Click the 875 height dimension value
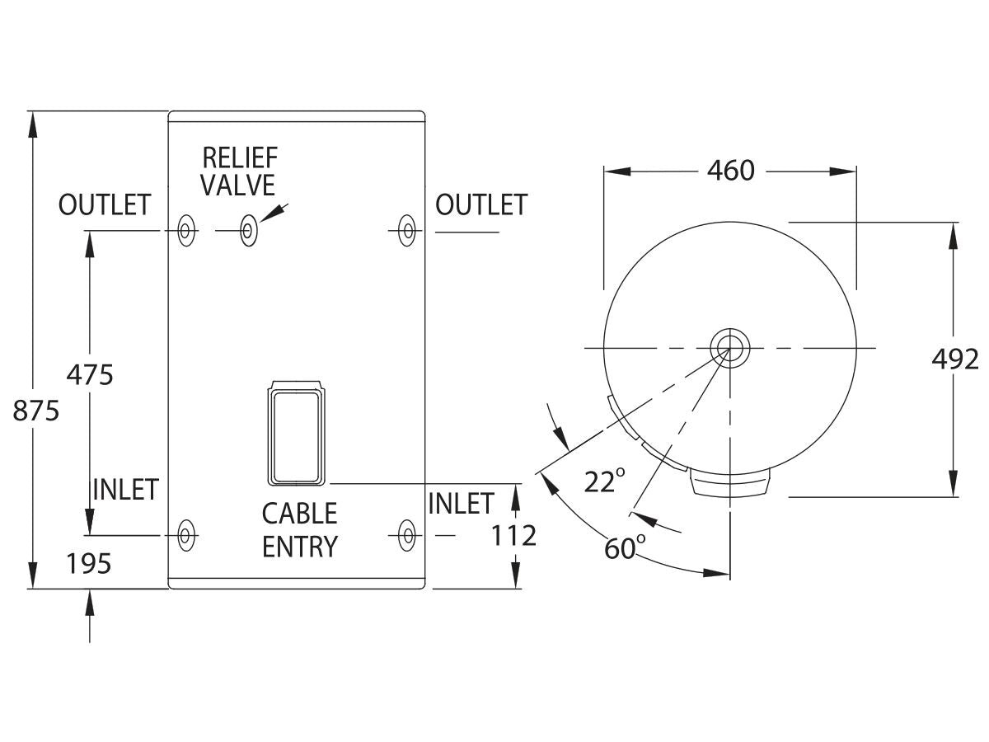[36, 410]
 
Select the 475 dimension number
[89, 374]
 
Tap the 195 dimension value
[88, 564]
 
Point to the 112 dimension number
[514, 536]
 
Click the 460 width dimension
[731, 171]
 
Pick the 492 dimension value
[954, 359]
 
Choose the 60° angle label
[625, 547]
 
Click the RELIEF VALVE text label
[239, 171]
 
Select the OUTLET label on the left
[105, 205]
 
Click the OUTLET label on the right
[480, 205]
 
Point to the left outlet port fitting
[186, 231]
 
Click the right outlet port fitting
[405, 231]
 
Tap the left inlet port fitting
[186, 535]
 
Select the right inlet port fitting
[405, 535]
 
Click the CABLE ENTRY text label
[300, 530]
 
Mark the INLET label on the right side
[461, 503]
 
